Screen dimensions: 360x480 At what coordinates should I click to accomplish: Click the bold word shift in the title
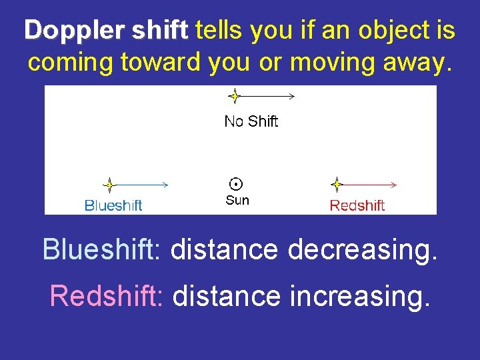point(160,31)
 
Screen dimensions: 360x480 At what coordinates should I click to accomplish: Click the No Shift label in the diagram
point(251,121)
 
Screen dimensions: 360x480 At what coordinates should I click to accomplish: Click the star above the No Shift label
point(234,97)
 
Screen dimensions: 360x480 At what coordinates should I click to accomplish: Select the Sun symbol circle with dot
point(235,184)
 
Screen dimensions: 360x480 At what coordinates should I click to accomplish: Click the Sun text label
point(237,201)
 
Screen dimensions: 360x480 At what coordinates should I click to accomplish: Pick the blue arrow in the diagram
point(143,185)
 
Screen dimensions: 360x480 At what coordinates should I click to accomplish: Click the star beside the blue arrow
point(109,185)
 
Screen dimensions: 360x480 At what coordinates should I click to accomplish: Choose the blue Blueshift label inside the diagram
point(113,205)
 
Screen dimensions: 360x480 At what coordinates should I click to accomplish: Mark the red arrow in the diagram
point(371,185)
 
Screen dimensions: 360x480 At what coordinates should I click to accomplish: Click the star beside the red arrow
point(337,185)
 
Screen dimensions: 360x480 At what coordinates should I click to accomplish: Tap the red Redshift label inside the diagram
point(357,205)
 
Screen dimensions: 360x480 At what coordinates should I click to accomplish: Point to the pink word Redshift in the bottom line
point(107,295)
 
